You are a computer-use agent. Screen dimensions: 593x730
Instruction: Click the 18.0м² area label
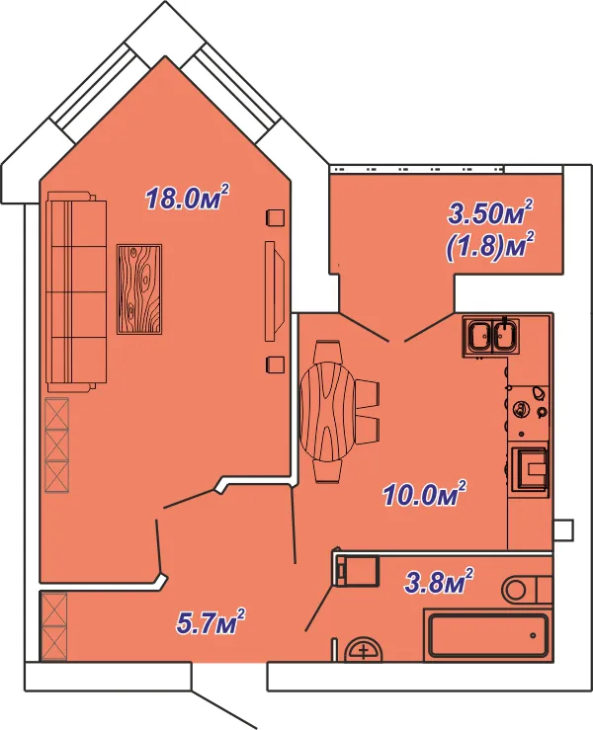[188, 197]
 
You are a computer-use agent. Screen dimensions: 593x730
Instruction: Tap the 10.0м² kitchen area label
[424, 494]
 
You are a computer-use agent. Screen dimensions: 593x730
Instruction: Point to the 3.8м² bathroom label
[439, 581]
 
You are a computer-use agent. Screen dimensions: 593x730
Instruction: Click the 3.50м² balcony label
[490, 211]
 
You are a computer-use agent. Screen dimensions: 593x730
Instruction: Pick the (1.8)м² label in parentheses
[490, 246]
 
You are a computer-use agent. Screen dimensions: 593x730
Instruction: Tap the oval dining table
[327, 411]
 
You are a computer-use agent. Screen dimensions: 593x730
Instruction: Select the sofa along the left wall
[76, 291]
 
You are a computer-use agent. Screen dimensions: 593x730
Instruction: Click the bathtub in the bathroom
[488, 635]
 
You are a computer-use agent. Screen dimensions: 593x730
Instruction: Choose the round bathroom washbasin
[365, 649]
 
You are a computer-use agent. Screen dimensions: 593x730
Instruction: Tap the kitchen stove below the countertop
[529, 469]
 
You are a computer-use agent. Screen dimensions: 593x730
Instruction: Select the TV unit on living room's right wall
[274, 291]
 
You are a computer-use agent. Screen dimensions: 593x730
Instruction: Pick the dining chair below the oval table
[328, 471]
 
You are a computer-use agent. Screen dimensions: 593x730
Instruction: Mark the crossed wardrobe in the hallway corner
[54, 626]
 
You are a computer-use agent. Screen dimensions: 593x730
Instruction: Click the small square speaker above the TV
[275, 217]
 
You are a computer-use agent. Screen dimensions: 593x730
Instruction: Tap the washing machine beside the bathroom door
[358, 570]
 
